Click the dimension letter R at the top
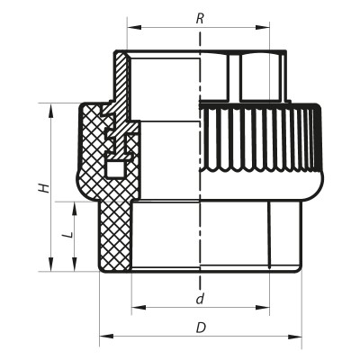(199, 17)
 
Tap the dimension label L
(64, 234)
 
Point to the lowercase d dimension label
(199, 297)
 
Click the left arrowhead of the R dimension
(130, 27)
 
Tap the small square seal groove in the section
(114, 168)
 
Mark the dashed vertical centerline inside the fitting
(199, 180)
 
